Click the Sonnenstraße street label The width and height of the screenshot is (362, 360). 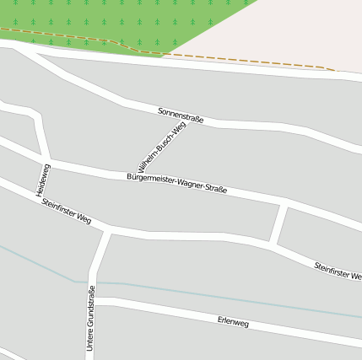[181, 115]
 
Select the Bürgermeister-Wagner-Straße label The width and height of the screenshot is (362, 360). [176, 183]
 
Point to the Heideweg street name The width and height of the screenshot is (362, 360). [43, 180]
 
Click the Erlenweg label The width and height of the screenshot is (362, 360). [233, 321]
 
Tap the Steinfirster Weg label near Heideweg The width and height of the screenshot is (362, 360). [66, 212]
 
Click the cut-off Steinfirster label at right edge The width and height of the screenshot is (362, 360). [338, 271]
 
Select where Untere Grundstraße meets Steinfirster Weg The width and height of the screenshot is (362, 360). [107, 229]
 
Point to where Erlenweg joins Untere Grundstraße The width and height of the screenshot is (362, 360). [93, 301]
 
